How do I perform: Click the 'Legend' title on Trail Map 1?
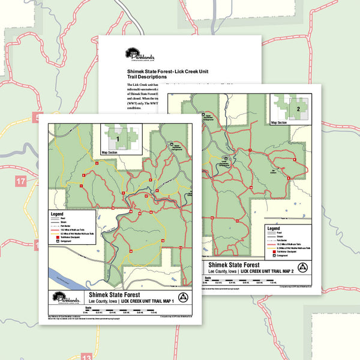coord(57,214)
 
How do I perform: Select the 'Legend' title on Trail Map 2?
coord(273,229)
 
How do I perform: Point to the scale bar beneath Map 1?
coord(126,312)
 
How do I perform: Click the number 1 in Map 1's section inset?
coord(118,139)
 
